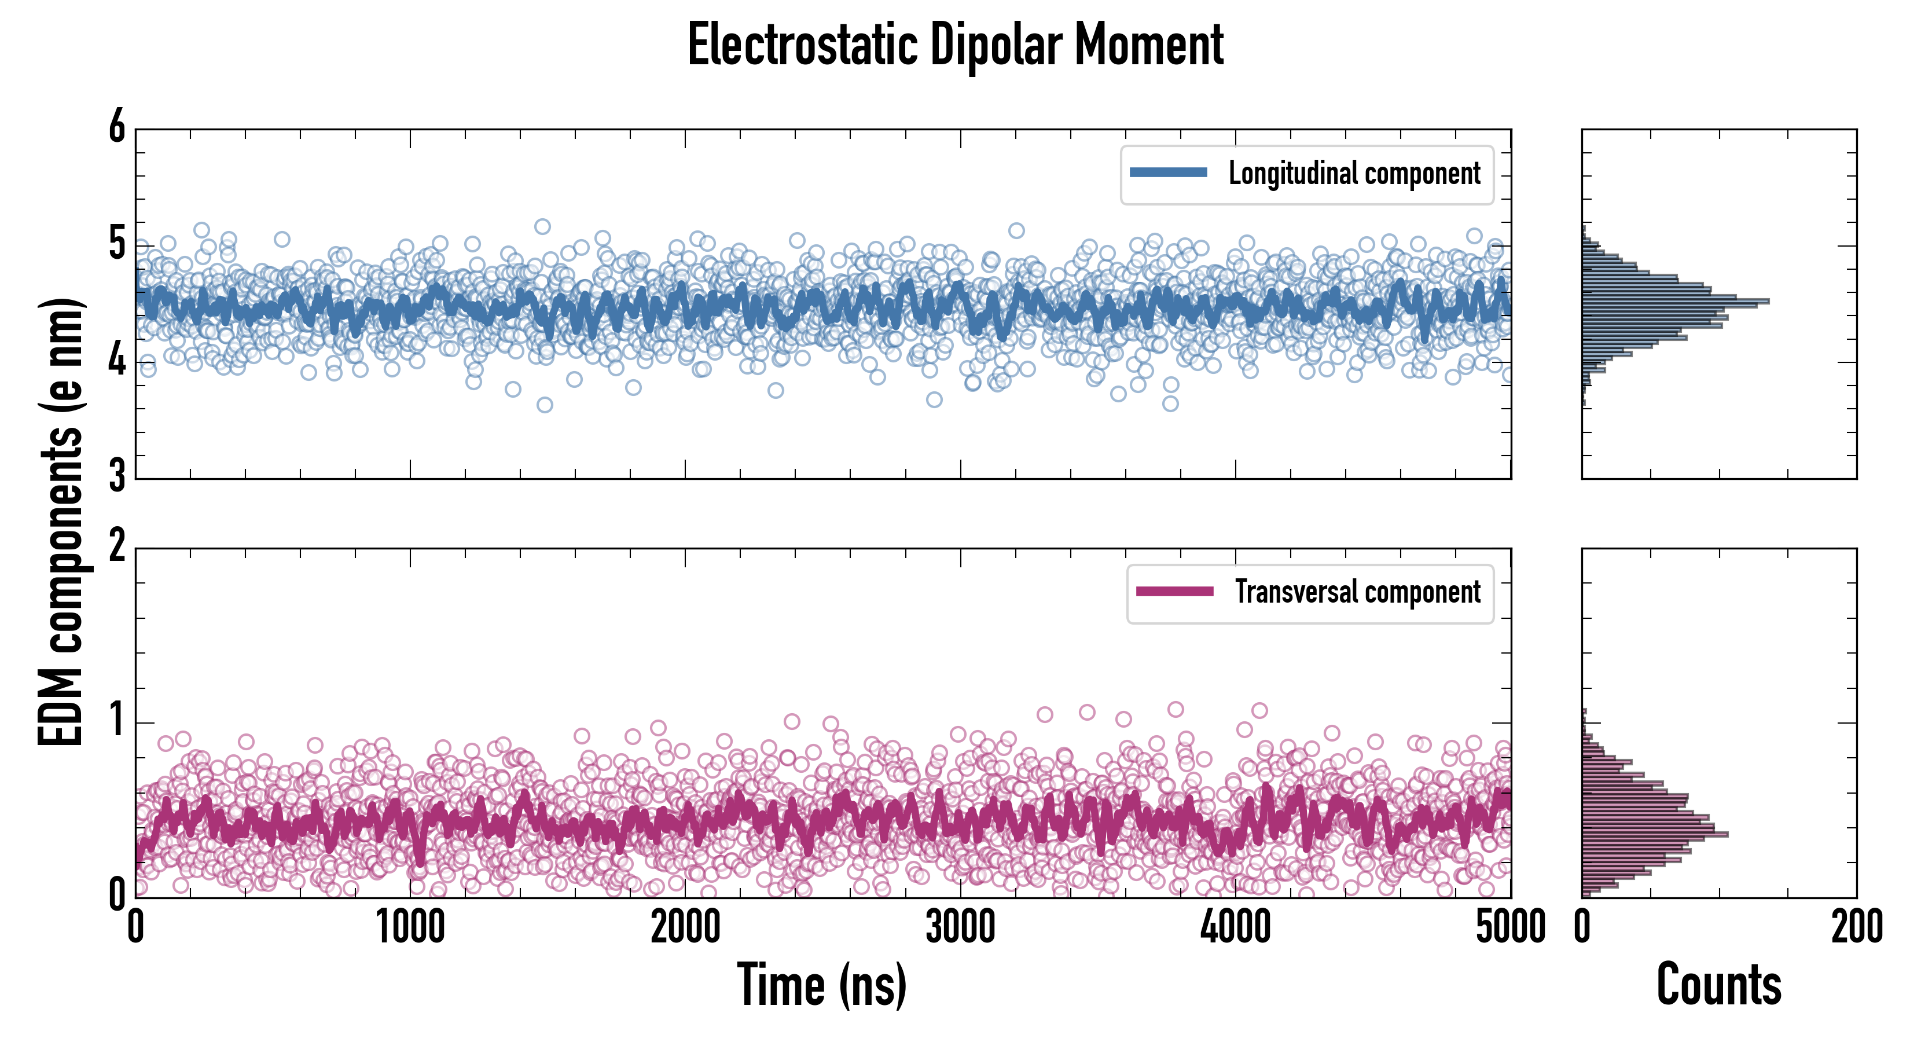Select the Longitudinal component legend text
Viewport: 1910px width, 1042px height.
(1354, 174)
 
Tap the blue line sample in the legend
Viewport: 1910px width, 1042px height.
(1168, 173)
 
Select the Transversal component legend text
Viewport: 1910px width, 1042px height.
(1358, 592)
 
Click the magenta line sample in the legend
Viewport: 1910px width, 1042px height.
(1174, 592)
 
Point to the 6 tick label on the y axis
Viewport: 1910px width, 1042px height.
(117, 127)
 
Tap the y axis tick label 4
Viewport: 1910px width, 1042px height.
(117, 361)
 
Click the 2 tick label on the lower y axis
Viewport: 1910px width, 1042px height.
(117, 546)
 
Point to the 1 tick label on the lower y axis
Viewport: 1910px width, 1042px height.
(117, 721)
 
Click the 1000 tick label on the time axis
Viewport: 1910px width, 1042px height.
(410, 927)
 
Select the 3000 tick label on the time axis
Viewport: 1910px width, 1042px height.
(960, 927)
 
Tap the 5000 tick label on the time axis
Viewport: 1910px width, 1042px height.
(1511, 927)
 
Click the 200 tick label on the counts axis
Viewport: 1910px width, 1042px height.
(1857, 927)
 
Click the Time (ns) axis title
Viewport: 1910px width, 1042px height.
(821, 985)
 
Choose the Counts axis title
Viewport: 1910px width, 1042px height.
(1718, 985)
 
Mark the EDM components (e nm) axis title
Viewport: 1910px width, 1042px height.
(61, 522)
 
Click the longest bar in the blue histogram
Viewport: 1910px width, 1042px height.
(1676, 301)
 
